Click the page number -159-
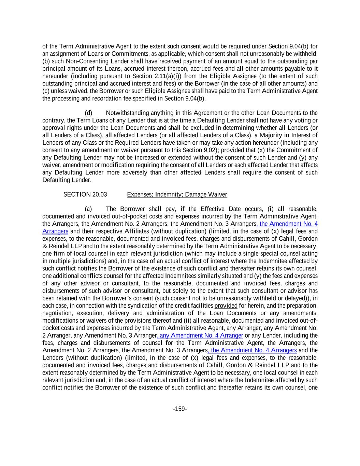pos(180,409)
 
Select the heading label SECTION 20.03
pos(85,195)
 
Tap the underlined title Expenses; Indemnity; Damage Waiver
pos(177,195)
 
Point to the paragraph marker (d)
pos(88,113)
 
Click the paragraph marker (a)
pos(88,209)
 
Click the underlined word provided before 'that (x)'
pos(232,150)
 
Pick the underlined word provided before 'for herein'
pos(226,306)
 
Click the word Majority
pos(271,135)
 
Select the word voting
pos(299,121)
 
